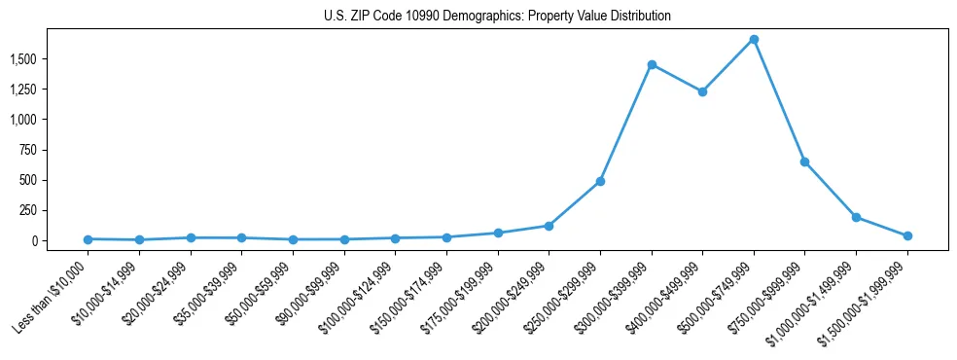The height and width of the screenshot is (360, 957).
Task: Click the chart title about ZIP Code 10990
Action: click(x=497, y=17)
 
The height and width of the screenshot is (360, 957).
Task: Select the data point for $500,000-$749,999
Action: click(x=754, y=40)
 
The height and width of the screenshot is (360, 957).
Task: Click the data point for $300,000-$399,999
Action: click(x=652, y=65)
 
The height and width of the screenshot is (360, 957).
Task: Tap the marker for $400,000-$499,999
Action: click(x=702, y=91)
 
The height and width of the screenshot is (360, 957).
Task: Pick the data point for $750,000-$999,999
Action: click(x=804, y=162)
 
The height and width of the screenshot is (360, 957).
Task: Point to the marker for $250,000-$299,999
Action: click(x=600, y=181)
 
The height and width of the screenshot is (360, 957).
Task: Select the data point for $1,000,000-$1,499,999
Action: click(x=856, y=217)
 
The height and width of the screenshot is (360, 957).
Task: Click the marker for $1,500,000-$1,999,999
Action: click(x=907, y=235)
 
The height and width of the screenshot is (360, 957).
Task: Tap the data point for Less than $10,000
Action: click(x=89, y=239)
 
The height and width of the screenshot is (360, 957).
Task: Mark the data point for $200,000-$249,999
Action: click(x=549, y=226)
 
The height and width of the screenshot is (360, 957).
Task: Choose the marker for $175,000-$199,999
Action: click(x=498, y=234)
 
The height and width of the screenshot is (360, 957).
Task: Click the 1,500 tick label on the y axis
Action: click(x=22, y=59)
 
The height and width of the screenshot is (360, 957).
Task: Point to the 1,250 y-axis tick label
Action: click(x=22, y=90)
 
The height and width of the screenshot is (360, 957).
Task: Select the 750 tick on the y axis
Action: click(x=27, y=150)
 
